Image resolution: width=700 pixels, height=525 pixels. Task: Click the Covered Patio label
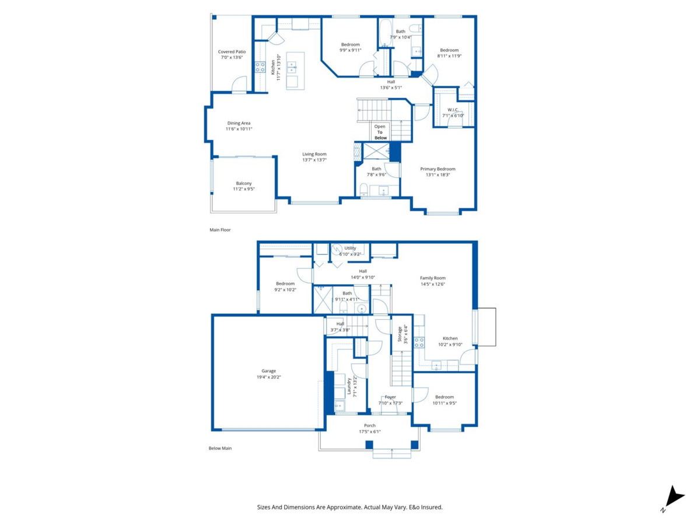[x=232, y=52]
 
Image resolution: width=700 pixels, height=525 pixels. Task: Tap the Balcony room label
[x=244, y=184]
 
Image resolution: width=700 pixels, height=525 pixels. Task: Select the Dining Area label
[x=239, y=123]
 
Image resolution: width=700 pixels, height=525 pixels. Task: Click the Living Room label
[x=314, y=154]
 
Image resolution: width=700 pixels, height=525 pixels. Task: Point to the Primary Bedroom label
[x=437, y=169]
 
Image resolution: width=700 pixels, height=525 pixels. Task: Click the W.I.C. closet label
[x=453, y=110]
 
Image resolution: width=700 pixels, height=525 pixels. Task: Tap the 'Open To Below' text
[x=380, y=132]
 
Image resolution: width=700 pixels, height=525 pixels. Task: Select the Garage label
[x=268, y=371]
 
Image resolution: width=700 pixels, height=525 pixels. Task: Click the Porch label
[x=370, y=426]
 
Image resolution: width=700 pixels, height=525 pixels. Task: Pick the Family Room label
[x=433, y=278]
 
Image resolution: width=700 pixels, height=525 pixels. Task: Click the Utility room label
[x=350, y=248]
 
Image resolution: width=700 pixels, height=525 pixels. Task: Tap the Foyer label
[x=390, y=397]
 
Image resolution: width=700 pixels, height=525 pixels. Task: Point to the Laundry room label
[x=349, y=386]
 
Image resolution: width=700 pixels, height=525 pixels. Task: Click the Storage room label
[x=400, y=334]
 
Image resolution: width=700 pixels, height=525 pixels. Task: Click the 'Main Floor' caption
[x=220, y=230]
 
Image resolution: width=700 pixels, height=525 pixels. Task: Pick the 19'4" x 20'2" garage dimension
[x=268, y=377]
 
